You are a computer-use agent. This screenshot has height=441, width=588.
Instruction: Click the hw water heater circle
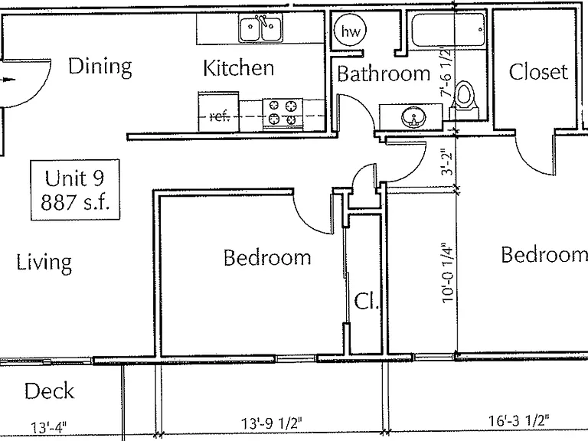pyautogui.click(x=350, y=31)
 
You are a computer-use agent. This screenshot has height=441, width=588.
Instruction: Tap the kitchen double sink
pyautogui.click(x=260, y=28)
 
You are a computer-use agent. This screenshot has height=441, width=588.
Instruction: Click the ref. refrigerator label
pyautogui.click(x=220, y=116)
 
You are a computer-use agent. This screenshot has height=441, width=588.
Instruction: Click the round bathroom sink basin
pyautogui.click(x=413, y=117)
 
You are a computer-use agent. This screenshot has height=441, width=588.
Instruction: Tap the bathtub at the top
pyautogui.click(x=448, y=30)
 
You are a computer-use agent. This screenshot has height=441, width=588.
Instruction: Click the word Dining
pyautogui.click(x=100, y=67)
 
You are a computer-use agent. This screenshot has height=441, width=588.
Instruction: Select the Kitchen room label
pyautogui.click(x=239, y=68)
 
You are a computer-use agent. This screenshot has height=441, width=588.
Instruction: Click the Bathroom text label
pyautogui.click(x=384, y=73)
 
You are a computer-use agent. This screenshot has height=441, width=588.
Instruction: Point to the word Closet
pyautogui.click(x=538, y=71)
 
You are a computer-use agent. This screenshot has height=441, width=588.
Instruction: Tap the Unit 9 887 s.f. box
pyautogui.click(x=75, y=189)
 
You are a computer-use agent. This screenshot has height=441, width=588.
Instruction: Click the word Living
pyautogui.click(x=44, y=263)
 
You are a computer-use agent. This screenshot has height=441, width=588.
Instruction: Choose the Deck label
pyautogui.click(x=49, y=390)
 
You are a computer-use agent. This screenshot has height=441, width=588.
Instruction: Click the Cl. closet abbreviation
pyautogui.click(x=367, y=301)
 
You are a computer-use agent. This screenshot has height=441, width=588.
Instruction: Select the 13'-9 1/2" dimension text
pyautogui.click(x=271, y=423)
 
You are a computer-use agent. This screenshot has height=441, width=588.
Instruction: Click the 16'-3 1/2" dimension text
pyautogui.click(x=518, y=420)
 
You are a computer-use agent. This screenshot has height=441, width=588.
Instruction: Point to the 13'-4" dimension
pyautogui.click(x=49, y=427)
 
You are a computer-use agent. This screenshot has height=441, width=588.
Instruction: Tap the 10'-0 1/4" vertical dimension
pyautogui.click(x=448, y=272)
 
